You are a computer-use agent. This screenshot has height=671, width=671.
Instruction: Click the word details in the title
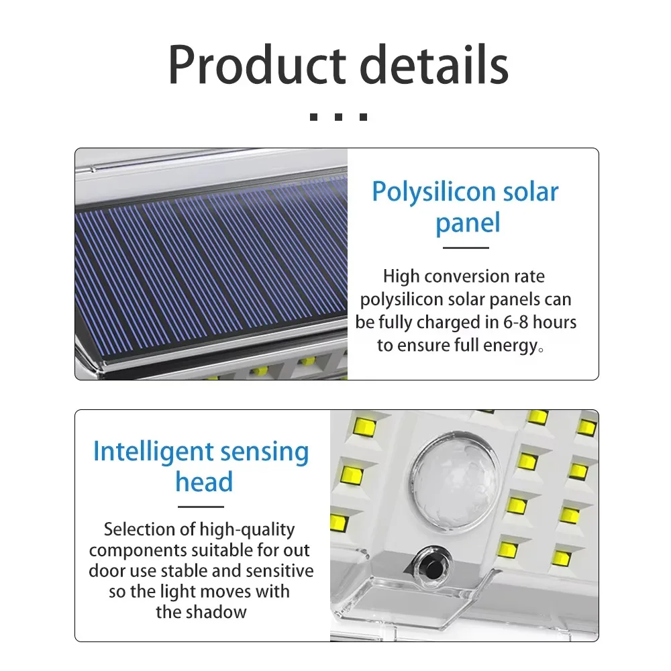coord(433,65)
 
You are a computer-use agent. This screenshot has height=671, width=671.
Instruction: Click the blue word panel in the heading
coord(468,223)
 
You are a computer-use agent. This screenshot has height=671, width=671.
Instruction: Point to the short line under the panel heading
coord(466,248)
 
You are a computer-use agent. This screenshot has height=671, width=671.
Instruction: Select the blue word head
coord(204,482)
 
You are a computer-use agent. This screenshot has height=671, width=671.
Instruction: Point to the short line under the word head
coord(204,507)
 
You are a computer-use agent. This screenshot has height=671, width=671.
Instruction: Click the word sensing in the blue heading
coord(265,452)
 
